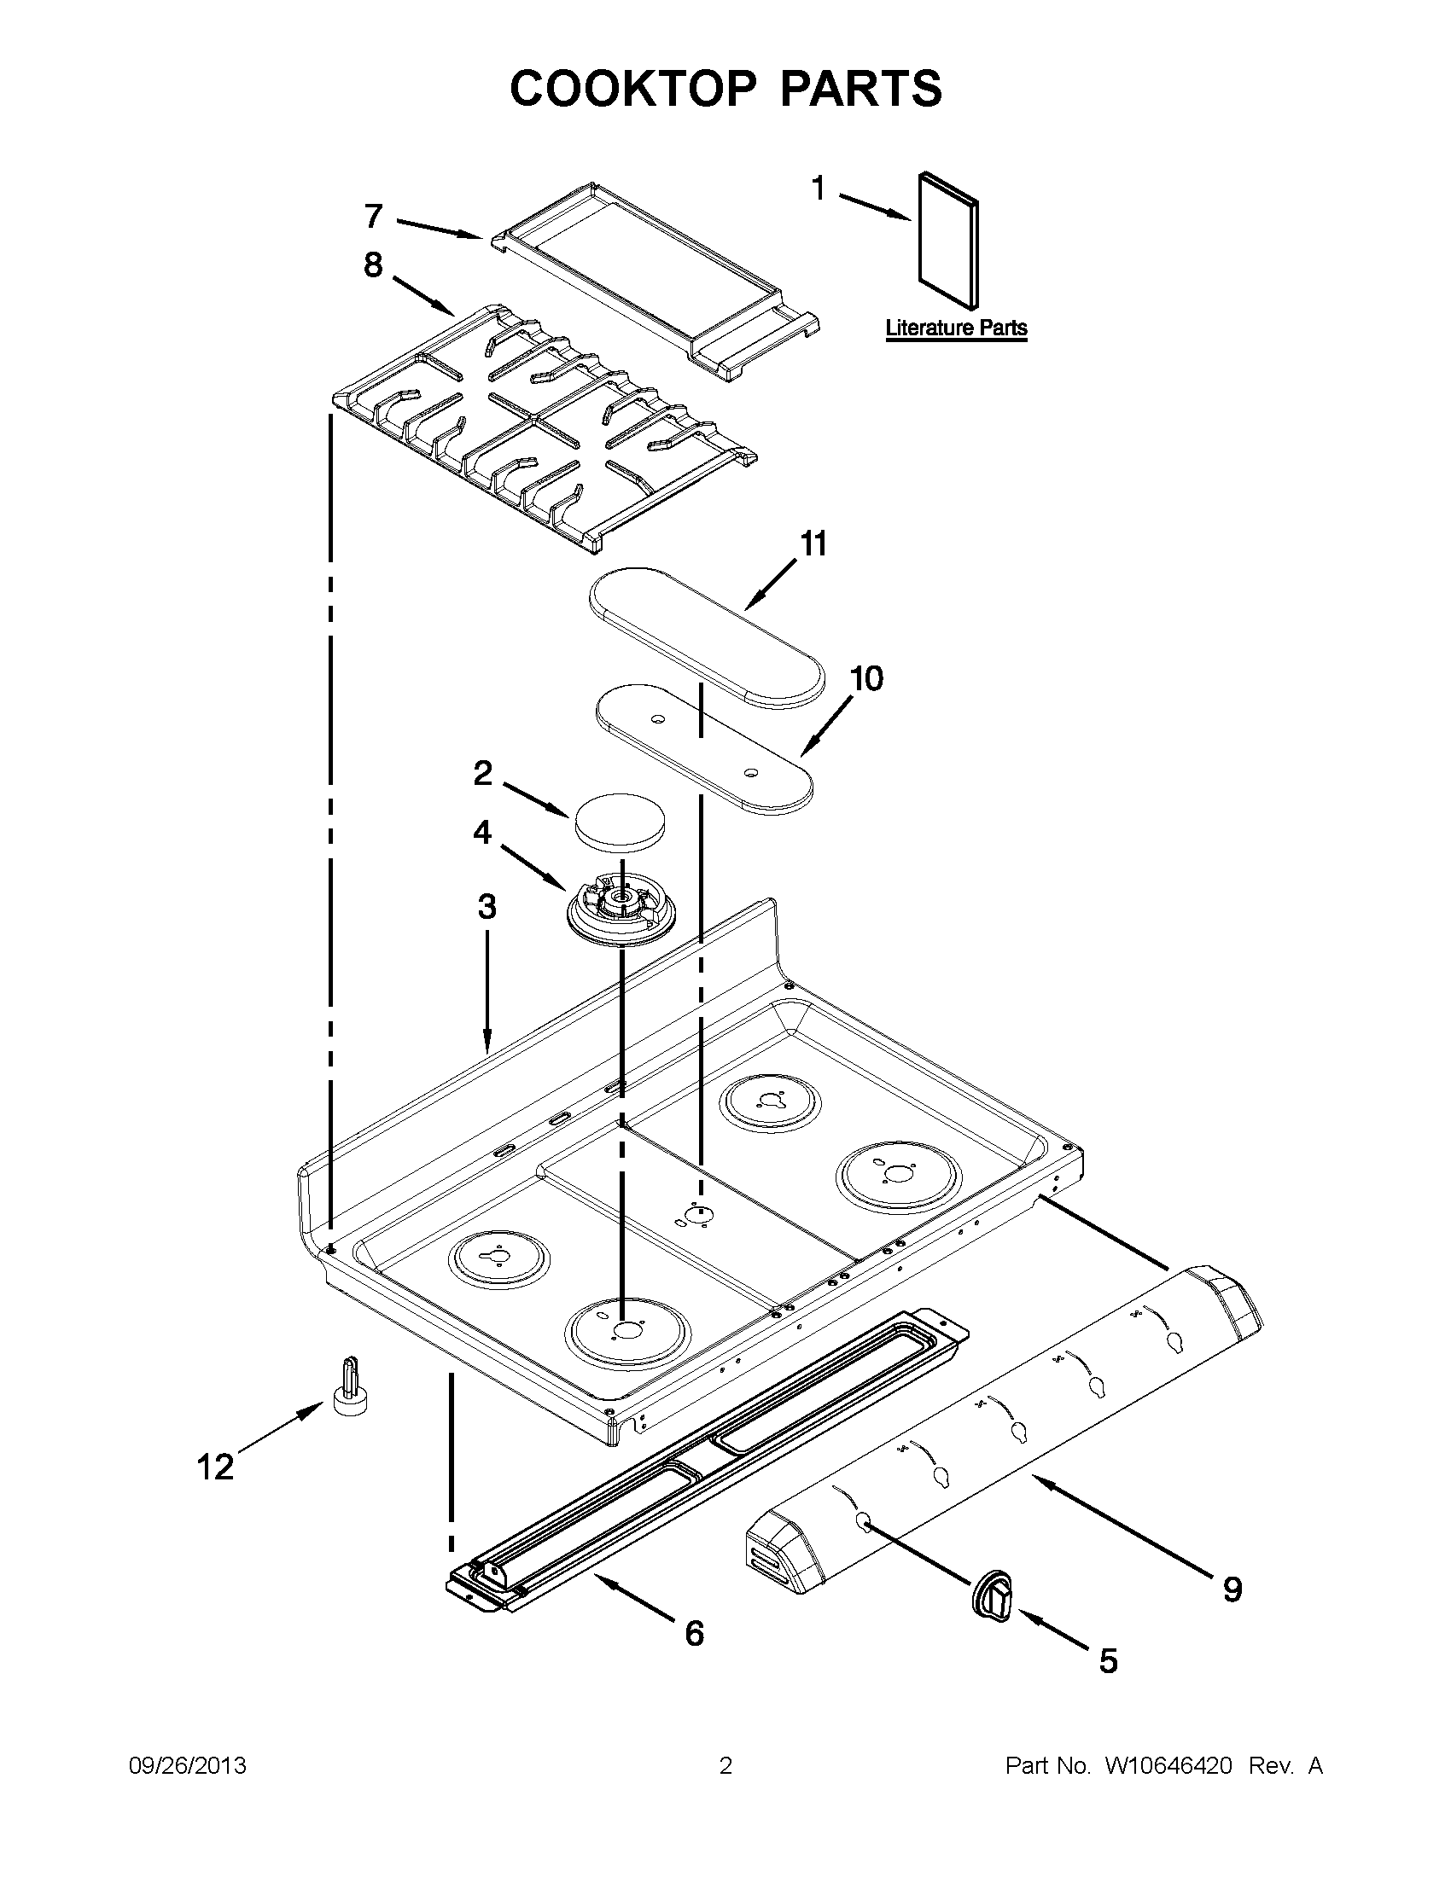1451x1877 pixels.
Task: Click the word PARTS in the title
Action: (x=861, y=89)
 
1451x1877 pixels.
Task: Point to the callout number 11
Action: (x=813, y=543)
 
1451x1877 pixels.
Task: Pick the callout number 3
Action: (x=487, y=906)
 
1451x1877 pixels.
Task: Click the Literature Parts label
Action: (x=956, y=328)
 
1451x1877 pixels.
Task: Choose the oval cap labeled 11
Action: (x=707, y=634)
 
